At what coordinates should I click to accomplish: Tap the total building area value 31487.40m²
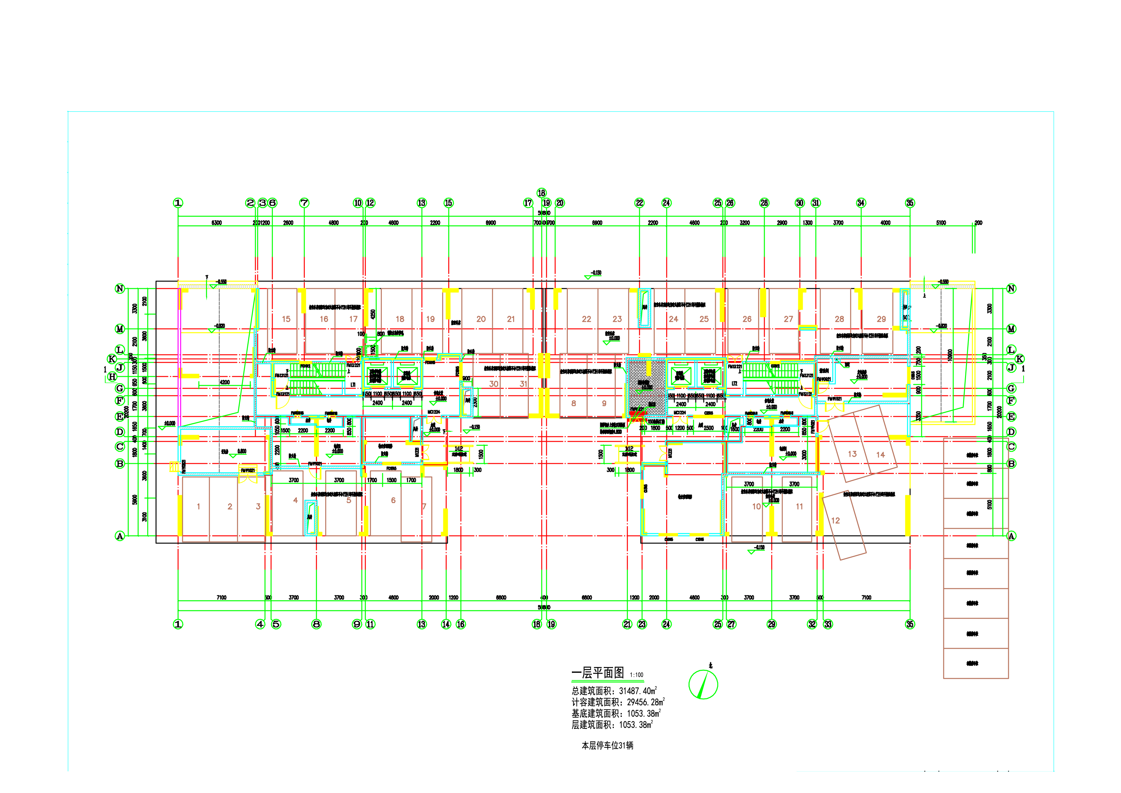[x=638, y=691]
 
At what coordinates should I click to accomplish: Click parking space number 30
[x=494, y=384]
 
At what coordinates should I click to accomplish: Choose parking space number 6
[x=393, y=500]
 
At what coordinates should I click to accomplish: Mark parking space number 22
[x=586, y=319]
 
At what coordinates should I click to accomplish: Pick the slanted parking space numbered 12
[x=835, y=520]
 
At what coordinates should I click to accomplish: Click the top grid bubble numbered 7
[x=304, y=203]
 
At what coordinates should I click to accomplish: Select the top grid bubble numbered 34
[x=861, y=203]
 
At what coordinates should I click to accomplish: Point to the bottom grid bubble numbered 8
[x=316, y=624]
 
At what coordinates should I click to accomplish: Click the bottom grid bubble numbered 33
[x=828, y=624]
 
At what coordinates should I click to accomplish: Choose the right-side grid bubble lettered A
[x=1011, y=536]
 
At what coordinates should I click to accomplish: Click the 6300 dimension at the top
[x=216, y=223]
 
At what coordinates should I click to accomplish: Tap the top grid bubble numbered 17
[x=528, y=203]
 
